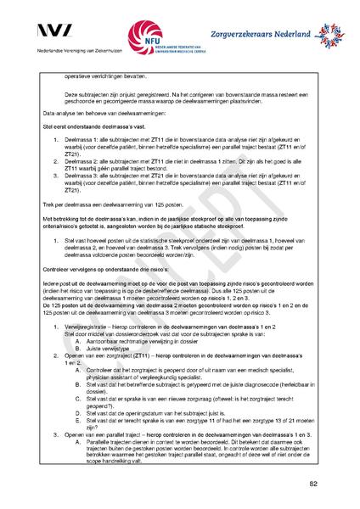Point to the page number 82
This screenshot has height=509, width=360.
pos(313,483)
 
